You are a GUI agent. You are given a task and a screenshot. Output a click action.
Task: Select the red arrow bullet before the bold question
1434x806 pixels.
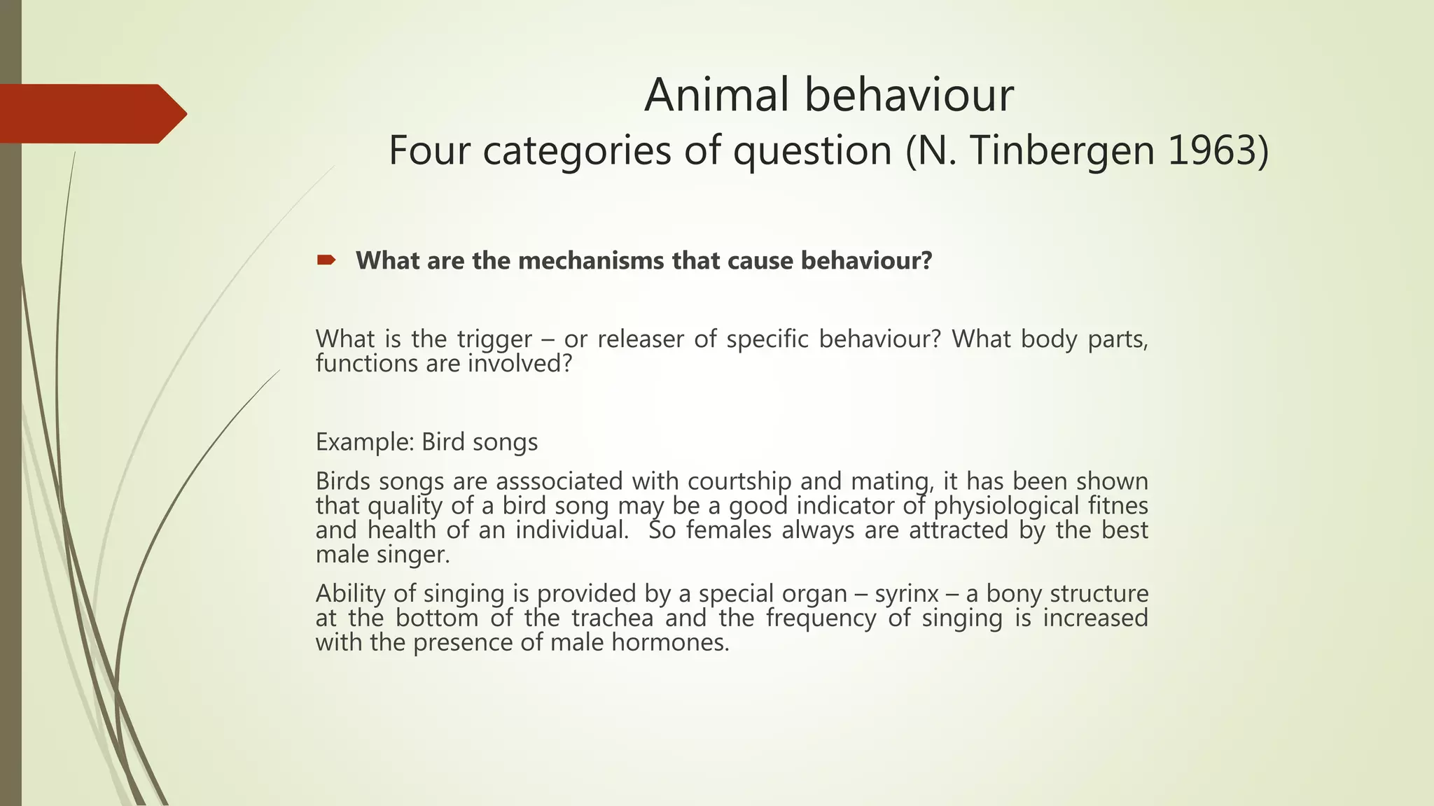[x=326, y=260]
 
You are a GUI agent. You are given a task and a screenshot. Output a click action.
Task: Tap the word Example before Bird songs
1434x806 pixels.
[x=363, y=442]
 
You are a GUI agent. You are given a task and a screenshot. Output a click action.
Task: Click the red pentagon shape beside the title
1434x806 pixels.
[x=91, y=113]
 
